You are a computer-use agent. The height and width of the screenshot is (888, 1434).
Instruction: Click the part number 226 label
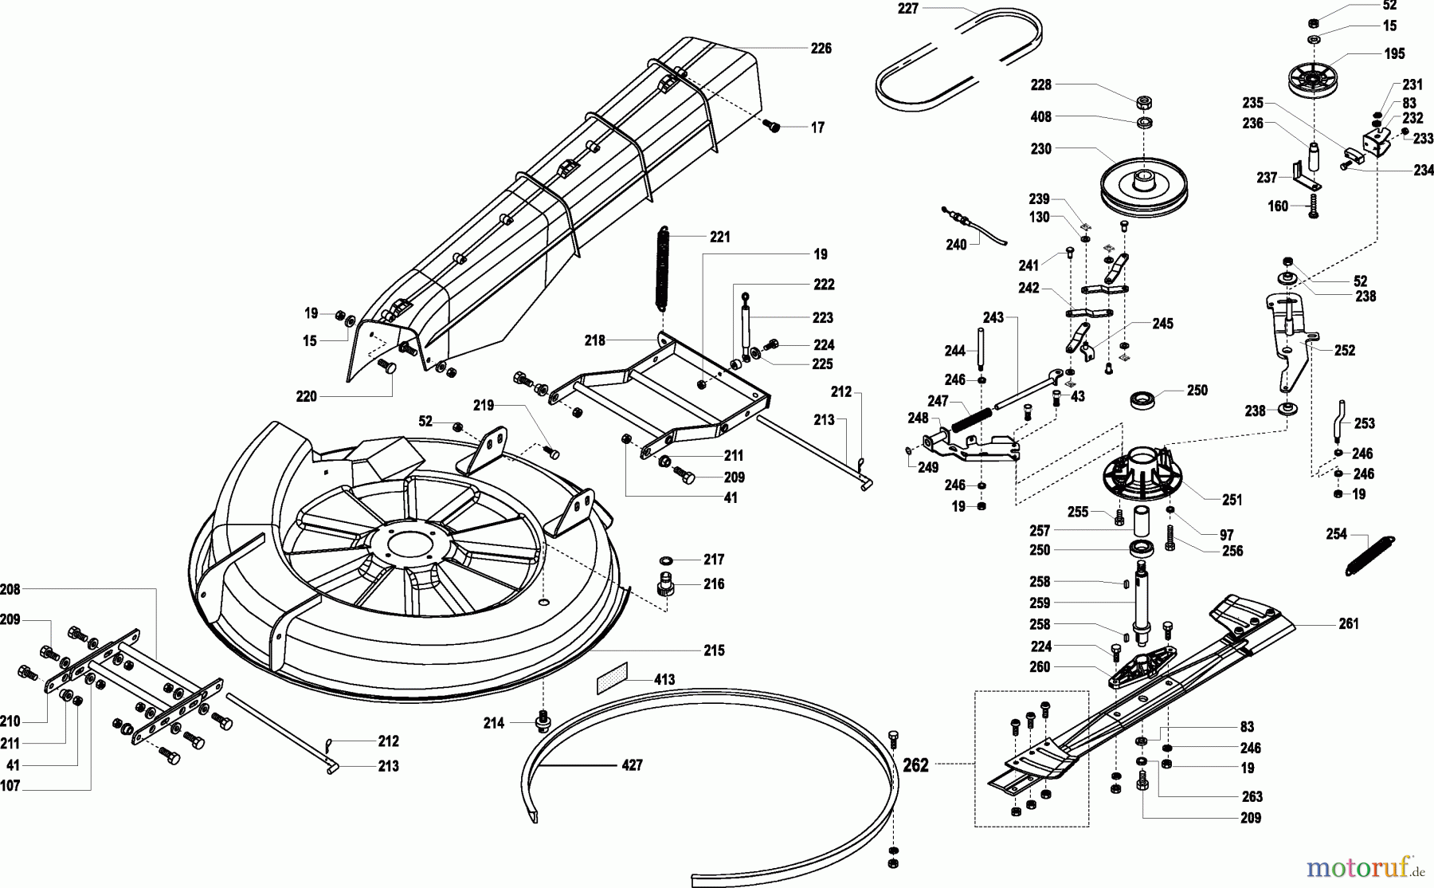[821, 49]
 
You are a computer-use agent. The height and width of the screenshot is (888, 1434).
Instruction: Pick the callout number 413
[664, 679]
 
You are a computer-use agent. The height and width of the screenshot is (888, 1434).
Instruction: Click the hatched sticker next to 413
[612, 678]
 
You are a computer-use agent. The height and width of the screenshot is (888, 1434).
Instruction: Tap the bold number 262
[915, 765]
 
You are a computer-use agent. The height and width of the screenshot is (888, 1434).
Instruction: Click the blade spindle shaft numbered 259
[1142, 602]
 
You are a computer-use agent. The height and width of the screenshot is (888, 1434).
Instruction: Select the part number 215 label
[714, 650]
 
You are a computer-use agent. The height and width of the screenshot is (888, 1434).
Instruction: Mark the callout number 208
[10, 589]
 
